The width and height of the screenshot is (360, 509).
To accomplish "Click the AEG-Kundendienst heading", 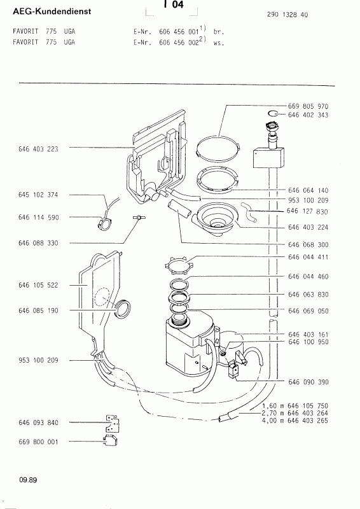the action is (52, 11).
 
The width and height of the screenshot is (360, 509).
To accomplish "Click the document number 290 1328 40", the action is (287, 15).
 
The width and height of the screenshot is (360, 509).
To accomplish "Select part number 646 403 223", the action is (38, 149).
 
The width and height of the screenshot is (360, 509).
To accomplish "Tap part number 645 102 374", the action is (38, 195).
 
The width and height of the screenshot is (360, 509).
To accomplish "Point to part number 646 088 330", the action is (38, 243).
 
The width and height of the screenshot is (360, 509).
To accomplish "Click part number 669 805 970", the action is (308, 106).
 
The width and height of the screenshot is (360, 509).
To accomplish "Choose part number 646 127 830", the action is (307, 211).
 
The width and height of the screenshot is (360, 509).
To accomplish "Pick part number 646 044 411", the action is (308, 257).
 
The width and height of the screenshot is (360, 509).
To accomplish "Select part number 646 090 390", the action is (308, 382).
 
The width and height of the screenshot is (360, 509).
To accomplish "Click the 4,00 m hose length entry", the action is (294, 421).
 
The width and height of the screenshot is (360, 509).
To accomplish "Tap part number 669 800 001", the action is (38, 442).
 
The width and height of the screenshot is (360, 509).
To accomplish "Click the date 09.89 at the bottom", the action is (28, 480).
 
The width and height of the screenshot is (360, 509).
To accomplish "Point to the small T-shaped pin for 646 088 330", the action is (139, 218).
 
